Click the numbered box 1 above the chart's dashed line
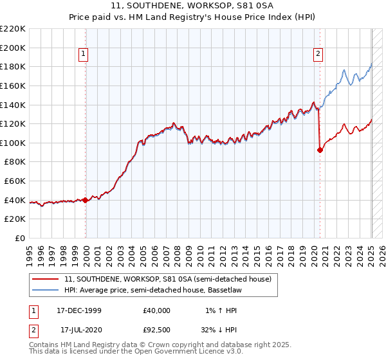[84, 55]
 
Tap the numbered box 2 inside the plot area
[318, 55]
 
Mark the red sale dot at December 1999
[86, 200]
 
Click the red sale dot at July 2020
[320, 150]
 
